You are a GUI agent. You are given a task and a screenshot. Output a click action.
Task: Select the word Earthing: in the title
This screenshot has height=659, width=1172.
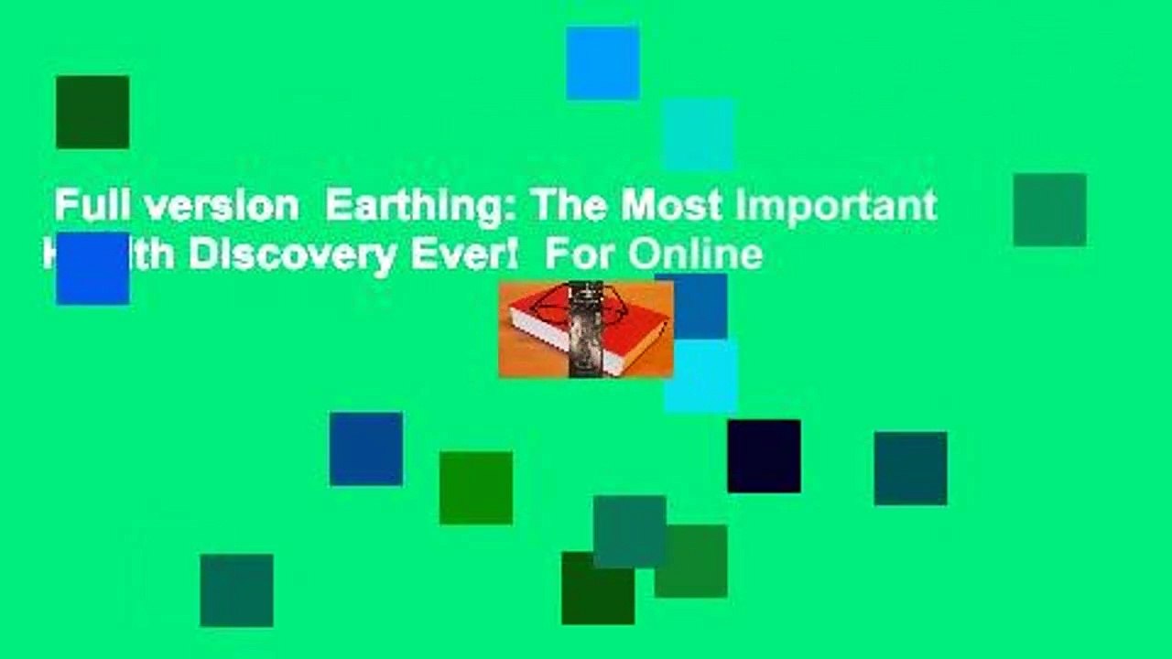pos(422,206)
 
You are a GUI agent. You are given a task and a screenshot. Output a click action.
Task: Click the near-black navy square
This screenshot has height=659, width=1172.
pos(764,456)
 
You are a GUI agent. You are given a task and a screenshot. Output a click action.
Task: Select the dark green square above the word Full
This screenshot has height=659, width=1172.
pos(92,112)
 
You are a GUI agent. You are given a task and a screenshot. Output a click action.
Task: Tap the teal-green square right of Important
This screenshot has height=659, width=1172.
pos(1049,210)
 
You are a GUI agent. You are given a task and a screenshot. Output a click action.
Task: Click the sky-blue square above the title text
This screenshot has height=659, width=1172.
pos(602,63)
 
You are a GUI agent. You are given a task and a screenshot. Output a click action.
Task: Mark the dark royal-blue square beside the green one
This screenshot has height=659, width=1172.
pos(366,448)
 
